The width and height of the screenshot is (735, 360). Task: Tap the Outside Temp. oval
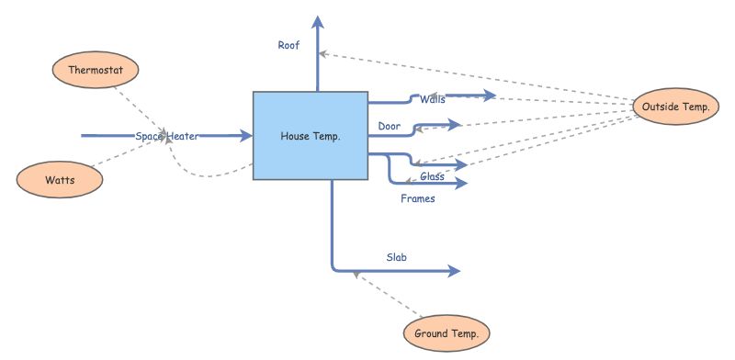[675, 107]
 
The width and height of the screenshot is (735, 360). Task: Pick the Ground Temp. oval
[447, 333]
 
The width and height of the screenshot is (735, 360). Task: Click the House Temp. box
[310, 136]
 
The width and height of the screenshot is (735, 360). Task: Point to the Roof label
[288, 44]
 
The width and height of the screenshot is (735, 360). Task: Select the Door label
[388, 126]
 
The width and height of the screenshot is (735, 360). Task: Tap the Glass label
[433, 175]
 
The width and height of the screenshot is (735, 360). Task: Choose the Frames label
[418, 197]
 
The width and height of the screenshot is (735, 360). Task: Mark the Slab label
[396, 257]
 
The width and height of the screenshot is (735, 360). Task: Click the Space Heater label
[167, 136]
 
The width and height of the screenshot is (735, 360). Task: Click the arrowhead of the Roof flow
[318, 22]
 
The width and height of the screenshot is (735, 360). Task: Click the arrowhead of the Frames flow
[461, 184]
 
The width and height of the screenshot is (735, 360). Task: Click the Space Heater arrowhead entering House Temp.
[245, 136]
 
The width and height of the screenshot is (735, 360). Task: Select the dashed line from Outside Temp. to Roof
[478, 77]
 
